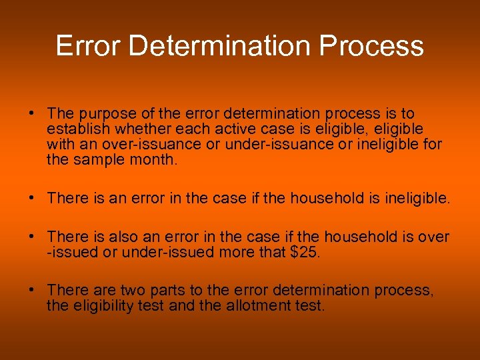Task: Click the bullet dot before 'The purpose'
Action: [32, 115]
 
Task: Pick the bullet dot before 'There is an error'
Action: [32, 198]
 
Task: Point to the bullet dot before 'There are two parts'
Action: [32, 291]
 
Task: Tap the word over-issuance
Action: [144, 144]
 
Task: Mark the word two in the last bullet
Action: [132, 291]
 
